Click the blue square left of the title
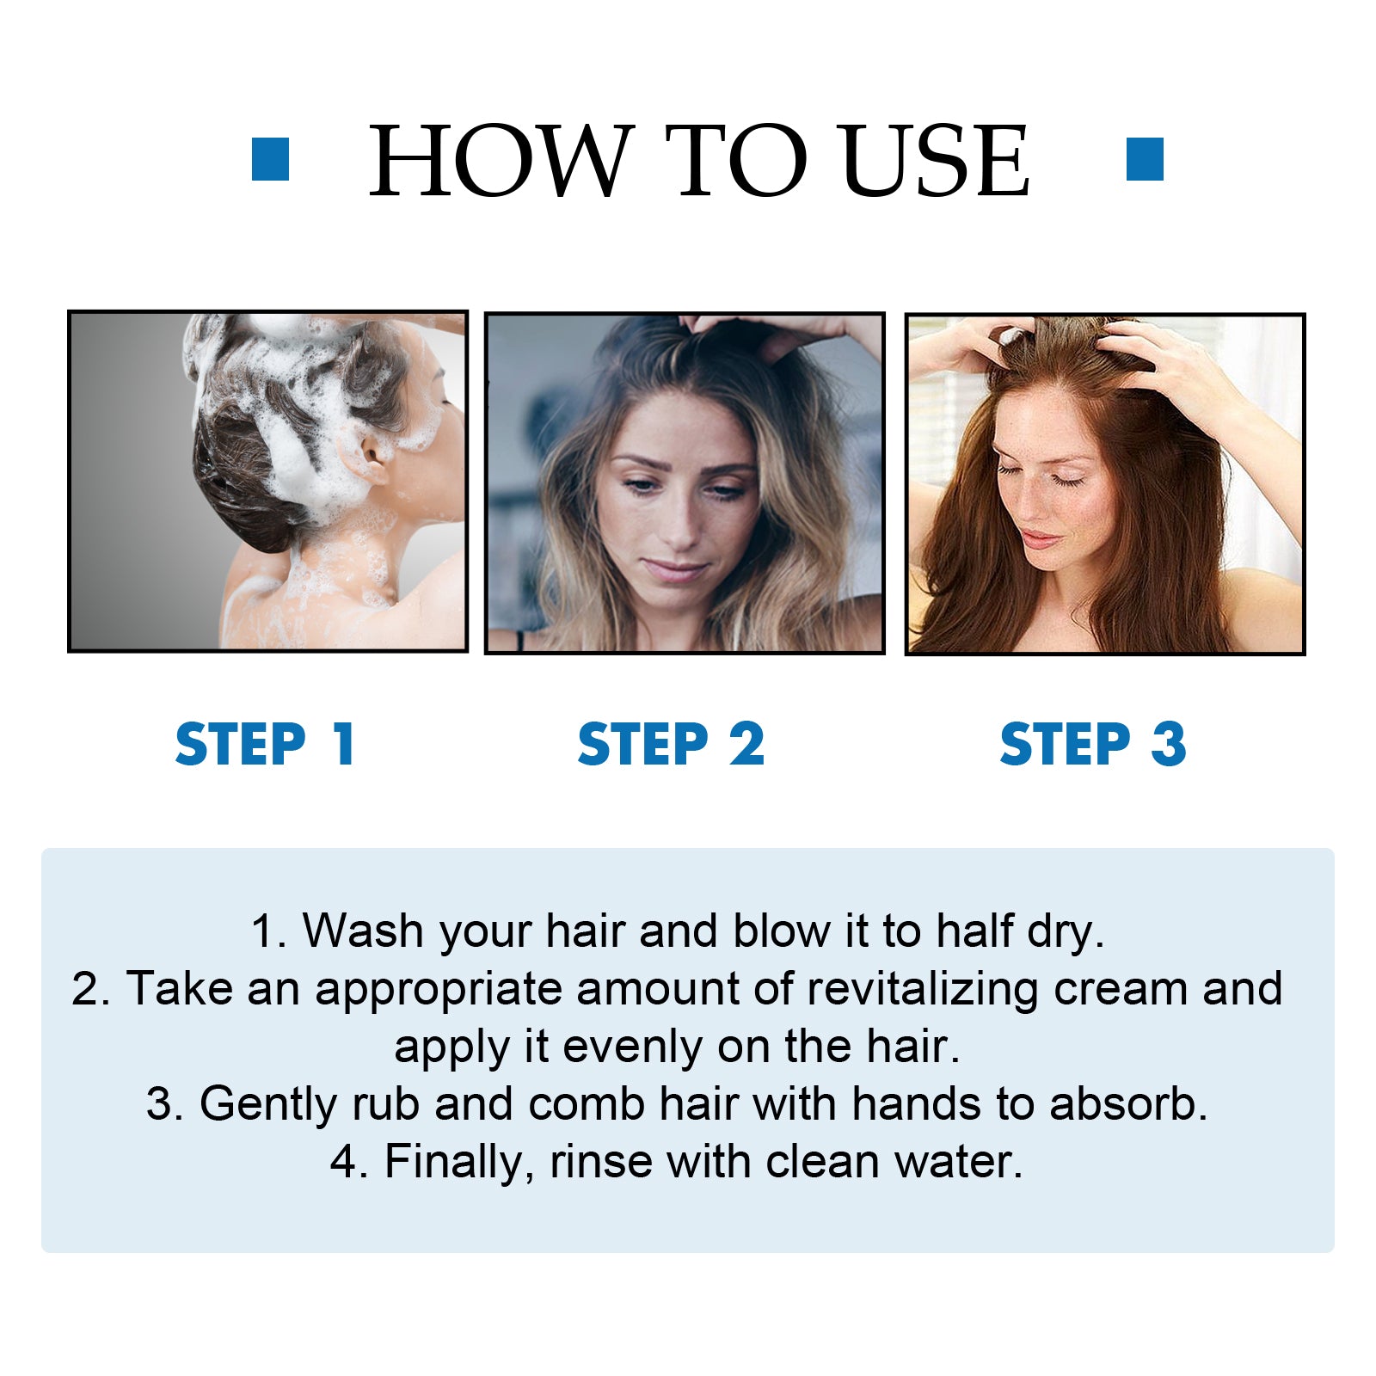click(x=270, y=159)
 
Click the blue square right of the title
click(x=1145, y=159)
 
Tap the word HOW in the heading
click(x=501, y=161)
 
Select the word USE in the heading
click(x=935, y=161)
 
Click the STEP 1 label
click(x=266, y=744)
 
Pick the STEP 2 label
click(x=671, y=744)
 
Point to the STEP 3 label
click(x=1093, y=744)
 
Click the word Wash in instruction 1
click(x=363, y=931)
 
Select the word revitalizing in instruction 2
click(x=922, y=989)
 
